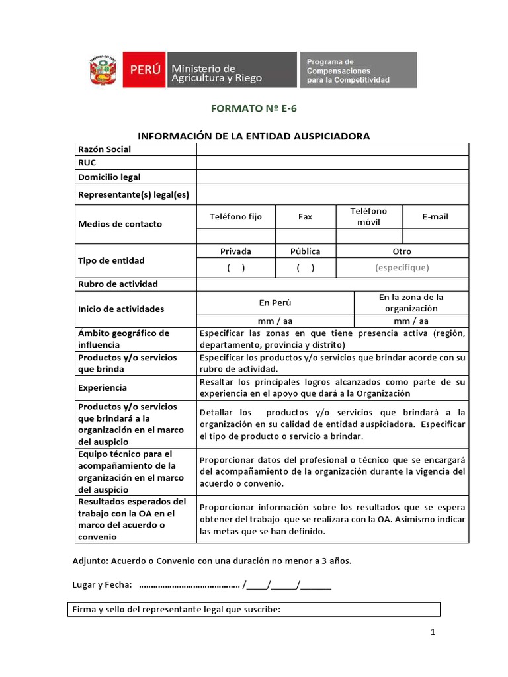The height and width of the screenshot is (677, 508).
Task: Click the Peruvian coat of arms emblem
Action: [103, 70]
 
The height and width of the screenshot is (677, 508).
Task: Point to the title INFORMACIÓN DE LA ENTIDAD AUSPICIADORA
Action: [253, 136]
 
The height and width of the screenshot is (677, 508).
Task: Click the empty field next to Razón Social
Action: [332, 149]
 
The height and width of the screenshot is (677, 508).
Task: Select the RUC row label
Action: [87, 163]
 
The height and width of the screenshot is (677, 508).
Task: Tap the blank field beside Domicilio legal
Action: [332, 177]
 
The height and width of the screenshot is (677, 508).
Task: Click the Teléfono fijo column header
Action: [235, 217]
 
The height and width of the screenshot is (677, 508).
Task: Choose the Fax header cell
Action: [305, 217]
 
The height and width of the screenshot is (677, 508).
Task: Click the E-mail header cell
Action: [435, 217]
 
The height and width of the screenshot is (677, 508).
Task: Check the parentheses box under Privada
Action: [235, 268]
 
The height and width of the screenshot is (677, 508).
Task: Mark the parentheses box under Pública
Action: [305, 268]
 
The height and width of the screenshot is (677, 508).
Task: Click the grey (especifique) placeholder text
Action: [402, 268]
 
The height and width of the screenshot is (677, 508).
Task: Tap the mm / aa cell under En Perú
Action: [275, 321]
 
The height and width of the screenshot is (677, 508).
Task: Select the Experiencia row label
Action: [103, 388]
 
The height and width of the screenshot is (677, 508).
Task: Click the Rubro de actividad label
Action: [118, 284]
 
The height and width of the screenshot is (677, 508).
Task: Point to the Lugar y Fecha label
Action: [102, 585]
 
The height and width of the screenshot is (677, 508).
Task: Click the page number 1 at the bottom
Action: [433, 633]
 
